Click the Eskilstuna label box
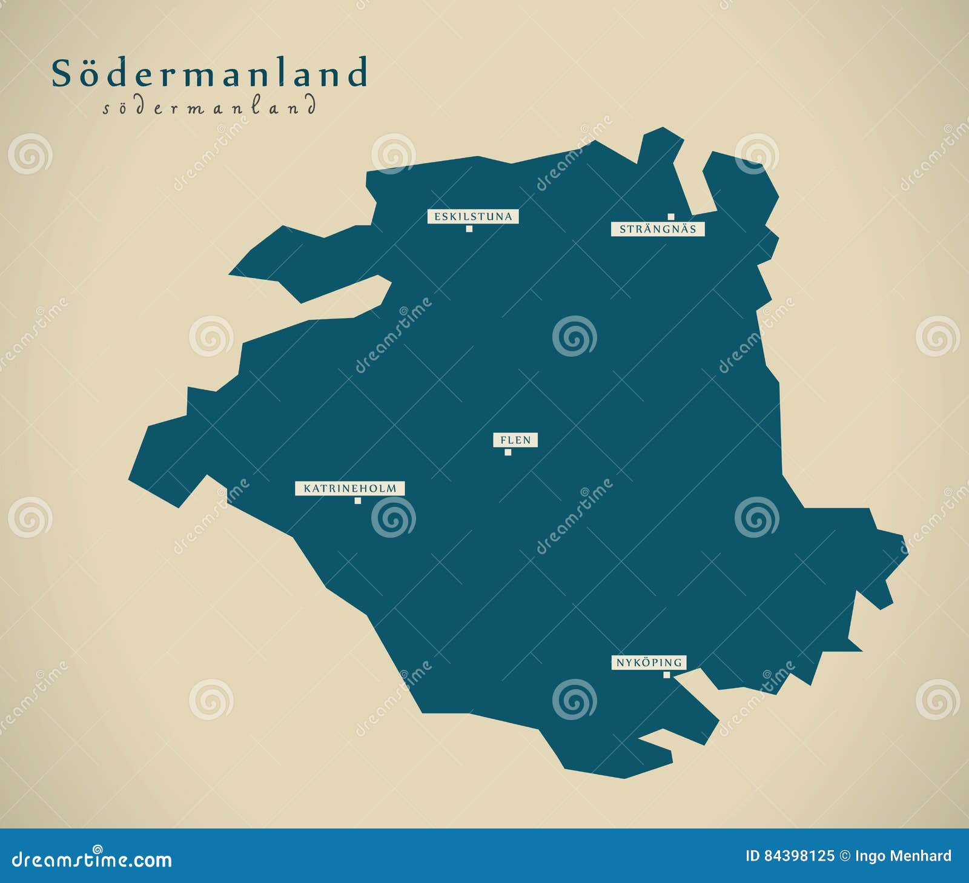[473, 216]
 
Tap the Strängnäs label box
[658, 230]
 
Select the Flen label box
[515, 440]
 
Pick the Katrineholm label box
[350, 488]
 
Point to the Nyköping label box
[649, 663]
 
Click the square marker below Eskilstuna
[469, 229]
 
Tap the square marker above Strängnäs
[671, 217]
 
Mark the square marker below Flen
[508, 452]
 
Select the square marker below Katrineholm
[358, 501]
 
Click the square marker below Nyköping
[667, 675]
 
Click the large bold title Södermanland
[210, 73]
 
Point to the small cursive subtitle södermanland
[209, 108]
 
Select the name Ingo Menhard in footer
[903, 856]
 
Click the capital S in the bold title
[61, 74]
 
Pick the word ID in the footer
[752, 856]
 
